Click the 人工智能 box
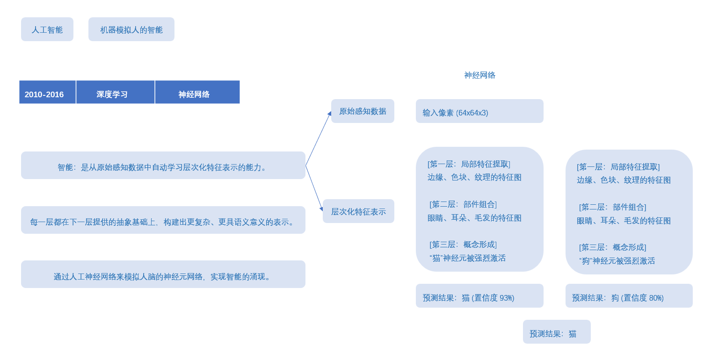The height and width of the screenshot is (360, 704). point(47,29)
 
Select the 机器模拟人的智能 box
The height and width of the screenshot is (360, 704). point(131,29)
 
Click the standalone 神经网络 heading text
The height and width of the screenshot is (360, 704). point(479,75)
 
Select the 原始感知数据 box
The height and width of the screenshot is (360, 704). point(363,111)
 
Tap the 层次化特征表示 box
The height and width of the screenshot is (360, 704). point(358,211)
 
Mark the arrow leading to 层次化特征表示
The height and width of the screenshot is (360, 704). point(314,188)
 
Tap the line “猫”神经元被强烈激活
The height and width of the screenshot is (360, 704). point(467,258)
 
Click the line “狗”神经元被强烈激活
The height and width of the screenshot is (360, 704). point(617,261)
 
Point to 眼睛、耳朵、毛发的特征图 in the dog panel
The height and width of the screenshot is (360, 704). point(624,221)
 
